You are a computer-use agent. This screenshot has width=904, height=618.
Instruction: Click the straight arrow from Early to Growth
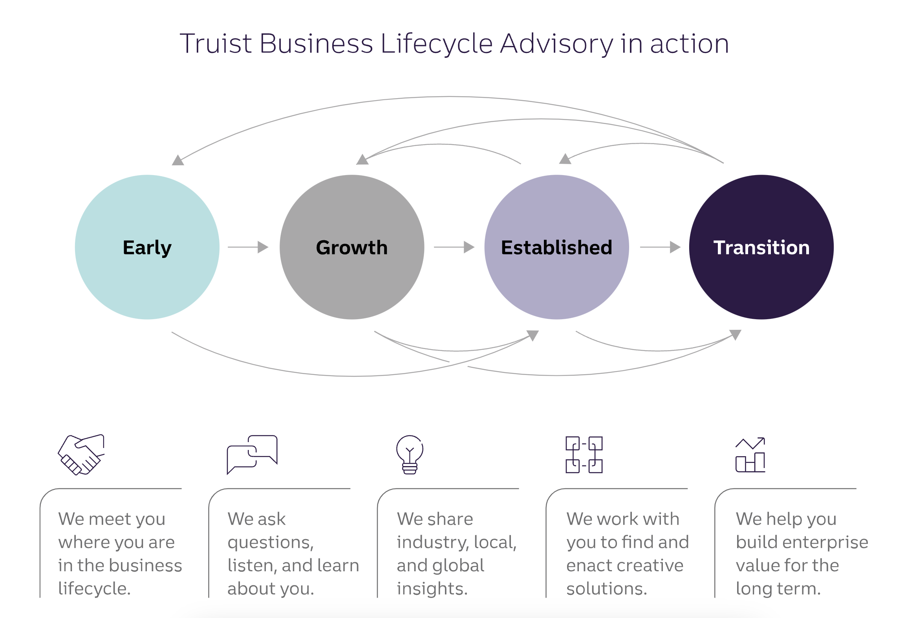pos(248,247)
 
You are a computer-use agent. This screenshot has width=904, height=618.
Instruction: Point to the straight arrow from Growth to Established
pos(454,247)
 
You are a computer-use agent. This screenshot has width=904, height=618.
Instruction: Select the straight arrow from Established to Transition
pos(660,247)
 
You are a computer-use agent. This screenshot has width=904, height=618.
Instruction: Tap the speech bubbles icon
pos(252,454)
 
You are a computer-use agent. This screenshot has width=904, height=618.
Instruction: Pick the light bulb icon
pos(410,454)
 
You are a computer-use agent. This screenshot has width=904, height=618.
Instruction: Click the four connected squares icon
pos(584,455)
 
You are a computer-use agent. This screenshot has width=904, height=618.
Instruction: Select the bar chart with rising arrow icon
pos(750,455)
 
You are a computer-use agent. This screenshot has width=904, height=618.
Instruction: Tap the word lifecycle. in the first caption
pos(94,589)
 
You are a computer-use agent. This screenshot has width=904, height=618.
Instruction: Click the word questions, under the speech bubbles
pos(271,543)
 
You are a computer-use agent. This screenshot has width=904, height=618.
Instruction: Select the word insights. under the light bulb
pos(432,589)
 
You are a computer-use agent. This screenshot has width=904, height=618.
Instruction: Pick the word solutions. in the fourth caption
pos(606,589)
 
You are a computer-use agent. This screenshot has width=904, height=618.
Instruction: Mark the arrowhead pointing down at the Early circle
pos(178,160)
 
